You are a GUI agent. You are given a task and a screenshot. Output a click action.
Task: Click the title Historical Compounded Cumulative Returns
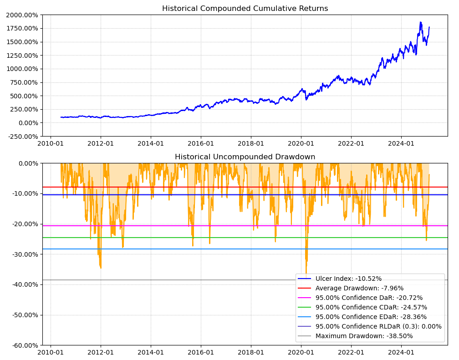245,9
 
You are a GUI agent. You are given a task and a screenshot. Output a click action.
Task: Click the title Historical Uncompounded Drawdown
245,157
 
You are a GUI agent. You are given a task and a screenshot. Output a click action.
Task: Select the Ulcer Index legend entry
348,279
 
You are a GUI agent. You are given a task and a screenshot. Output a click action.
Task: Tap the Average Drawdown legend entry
359,288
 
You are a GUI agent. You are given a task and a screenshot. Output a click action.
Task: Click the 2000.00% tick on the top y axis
22,15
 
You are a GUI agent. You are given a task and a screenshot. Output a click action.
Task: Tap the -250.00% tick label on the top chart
22,136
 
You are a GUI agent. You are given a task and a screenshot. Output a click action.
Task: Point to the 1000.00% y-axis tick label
22,69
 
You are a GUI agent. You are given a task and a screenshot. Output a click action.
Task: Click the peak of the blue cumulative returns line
420,22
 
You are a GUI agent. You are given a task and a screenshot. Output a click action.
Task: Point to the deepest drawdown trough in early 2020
306,274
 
